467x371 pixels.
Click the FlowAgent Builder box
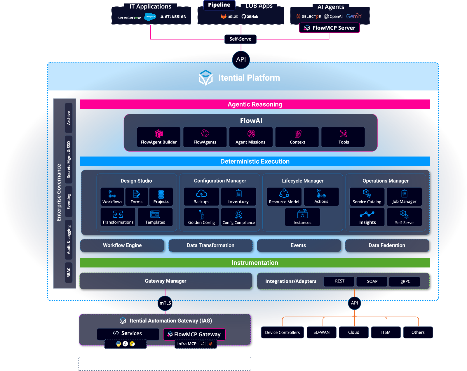(x=159, y=137)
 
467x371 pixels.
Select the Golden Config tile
(x=201, y=217)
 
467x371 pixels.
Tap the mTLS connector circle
(x=165, y=303)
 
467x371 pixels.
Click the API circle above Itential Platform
(x=241, y=59)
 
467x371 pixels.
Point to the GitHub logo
(x=250, y=17)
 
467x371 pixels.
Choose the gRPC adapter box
(x=405, y=281)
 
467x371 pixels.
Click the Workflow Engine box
(x=122, y=245)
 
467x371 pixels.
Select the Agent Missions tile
(x=251, y=137)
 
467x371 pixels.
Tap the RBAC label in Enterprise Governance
(x=69, y=272)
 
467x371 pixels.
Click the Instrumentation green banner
(x=255, y=263)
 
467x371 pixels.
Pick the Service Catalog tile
(x=367, y=197)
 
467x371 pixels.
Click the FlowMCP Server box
(x=330, y=28)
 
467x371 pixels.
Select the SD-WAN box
(x=321, y=332)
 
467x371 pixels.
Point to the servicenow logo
(x=129, y=18)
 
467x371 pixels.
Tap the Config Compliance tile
(x=238, y=217)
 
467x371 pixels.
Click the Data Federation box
(x=387, y=245)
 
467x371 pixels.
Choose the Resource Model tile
(x=284, y=197)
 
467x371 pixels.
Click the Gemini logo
(x=354, y=16)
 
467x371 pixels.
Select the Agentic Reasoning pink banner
(x=255, y=104)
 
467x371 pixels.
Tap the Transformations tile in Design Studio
(x=118, y=217)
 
